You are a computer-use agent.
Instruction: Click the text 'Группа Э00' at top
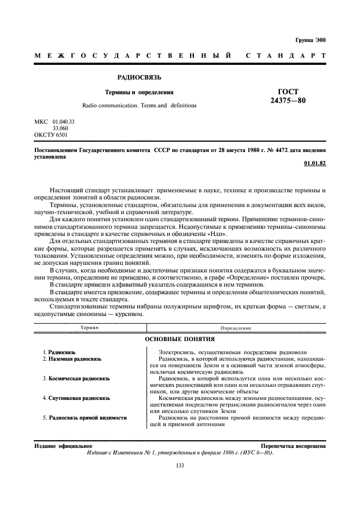(310, 41)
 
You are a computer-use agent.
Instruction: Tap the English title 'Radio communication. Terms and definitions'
(139, 105)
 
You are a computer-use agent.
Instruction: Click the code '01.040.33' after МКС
(64, 121)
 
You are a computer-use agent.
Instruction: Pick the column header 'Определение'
(236, 328)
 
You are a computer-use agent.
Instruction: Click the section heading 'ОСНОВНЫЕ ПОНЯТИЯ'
(180, 339)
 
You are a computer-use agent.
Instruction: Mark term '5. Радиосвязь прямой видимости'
(84, 417)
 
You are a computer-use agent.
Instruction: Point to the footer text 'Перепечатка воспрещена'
(293, 445)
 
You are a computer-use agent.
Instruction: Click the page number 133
(180, 464)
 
